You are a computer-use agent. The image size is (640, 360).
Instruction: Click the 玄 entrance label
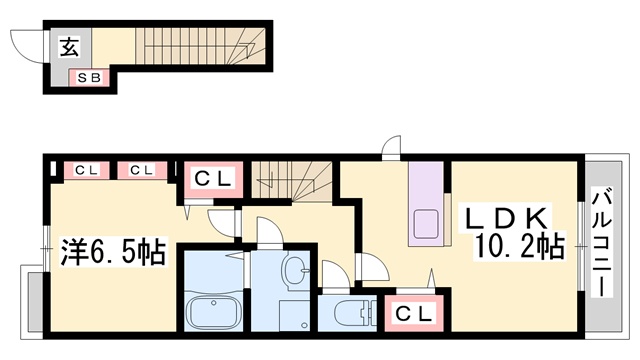[69, 47]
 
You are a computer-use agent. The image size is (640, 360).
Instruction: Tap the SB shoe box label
[89, 78]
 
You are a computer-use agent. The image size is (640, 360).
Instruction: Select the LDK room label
[506, 218]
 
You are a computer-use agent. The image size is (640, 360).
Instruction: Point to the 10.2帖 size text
[519, 247]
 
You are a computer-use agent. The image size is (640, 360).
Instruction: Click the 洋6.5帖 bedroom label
[113, 252]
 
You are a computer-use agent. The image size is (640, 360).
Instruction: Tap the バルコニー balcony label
[602, 242]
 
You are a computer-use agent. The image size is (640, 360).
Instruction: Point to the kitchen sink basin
[425, 224]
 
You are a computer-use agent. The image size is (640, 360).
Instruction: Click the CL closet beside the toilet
[413, 313]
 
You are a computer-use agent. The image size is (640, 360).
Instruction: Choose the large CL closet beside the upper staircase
[213, 179]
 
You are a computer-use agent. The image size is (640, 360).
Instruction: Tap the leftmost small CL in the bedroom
[87, 170]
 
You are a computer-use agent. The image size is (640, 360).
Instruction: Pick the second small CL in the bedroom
[142, 170]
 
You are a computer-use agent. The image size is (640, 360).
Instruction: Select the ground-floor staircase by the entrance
[200, 46]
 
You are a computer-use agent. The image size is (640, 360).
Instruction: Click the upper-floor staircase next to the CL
[291, 181]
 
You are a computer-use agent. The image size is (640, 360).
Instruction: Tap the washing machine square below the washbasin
[295, 315]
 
